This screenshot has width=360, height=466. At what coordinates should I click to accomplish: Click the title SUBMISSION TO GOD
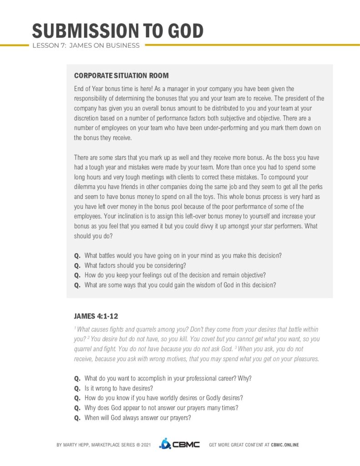pos(117,31)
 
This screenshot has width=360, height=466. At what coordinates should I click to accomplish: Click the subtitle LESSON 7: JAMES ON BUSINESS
pos(86,46)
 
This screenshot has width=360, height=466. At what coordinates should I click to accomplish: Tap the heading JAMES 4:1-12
pos(96,315)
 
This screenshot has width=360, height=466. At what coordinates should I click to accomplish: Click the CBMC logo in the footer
pos(179,444)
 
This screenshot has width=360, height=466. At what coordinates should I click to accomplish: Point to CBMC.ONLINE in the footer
pos(285,445)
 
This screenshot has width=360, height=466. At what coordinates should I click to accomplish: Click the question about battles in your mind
pos(183,256)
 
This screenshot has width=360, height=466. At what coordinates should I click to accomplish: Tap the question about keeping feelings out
pos(175,275)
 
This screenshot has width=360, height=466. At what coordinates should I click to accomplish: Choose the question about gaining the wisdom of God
pos(180,285)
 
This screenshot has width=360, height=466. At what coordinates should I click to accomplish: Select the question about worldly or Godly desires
pos(163,398)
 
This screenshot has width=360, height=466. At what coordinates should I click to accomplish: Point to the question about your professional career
pos(168,378)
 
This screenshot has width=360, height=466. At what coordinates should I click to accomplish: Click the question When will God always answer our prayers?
pos(137,418)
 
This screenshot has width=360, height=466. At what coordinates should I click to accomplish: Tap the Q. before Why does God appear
pos(77,408)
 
